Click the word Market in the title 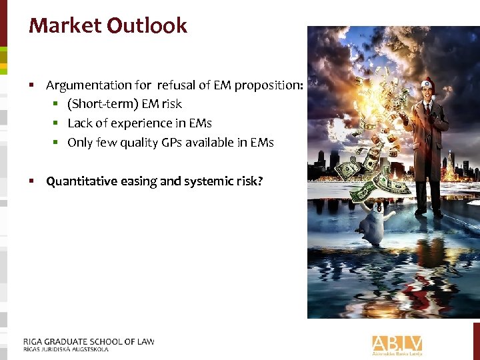click(65, 26)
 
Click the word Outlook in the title click(147, 26)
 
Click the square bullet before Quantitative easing click(31, 181)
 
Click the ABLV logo click(397, 343)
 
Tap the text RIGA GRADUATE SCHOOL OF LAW click(89, 341)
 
